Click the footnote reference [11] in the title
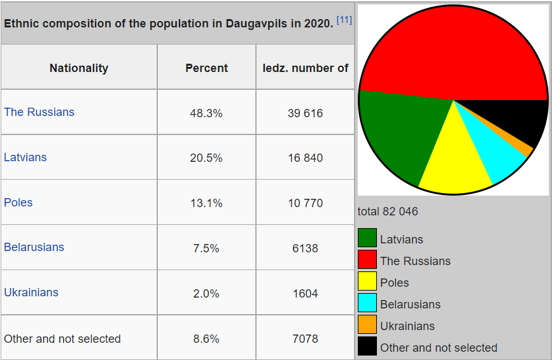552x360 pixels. tap(344, 20)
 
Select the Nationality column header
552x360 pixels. tap(79, 68)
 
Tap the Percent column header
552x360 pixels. tap(206, 68)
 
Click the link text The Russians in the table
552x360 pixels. tap(39, 112)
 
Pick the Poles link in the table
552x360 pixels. tap(18, 203)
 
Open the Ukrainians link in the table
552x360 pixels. tap(31, 292)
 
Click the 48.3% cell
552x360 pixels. tap(206, 113)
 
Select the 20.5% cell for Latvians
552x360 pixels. tap(206, 158)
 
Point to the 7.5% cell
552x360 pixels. tap(206, 248)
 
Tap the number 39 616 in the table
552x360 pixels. tap(305, 113)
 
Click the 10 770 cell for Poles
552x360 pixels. tap(305, 203)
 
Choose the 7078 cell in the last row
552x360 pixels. tap(305, 339)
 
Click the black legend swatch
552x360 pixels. tap(367, 347)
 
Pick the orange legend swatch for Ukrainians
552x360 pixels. tap(367, 325)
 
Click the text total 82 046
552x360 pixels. tap(388, 212)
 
